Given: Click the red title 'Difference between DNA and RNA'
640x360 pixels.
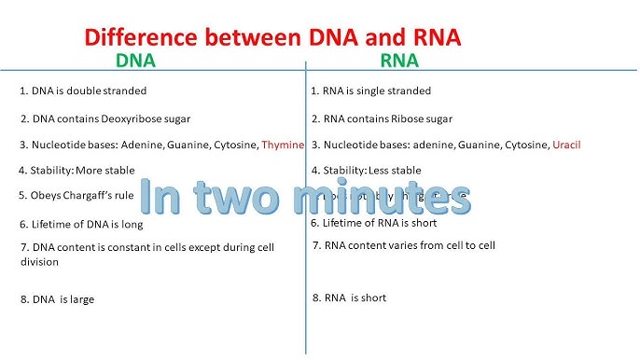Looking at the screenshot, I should coord(273,38).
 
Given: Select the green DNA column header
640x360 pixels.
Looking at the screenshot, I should coord(135,62).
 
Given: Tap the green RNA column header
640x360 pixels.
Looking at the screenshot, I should coord(399,62).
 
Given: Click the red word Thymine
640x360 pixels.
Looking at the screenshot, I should coord(283,145).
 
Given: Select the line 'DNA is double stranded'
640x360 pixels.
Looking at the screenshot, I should coord(83,91).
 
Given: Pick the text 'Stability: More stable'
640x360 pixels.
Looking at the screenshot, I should coord(77,171).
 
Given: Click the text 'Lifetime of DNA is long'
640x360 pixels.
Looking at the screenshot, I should coord(81,225).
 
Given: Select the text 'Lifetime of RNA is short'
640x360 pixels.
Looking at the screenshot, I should coord(373,224).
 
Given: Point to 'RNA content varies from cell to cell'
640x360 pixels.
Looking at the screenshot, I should coord(404,245).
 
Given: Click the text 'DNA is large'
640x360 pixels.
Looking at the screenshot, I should coord(57,299).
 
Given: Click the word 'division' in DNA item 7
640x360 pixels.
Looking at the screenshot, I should coord(39,262).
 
